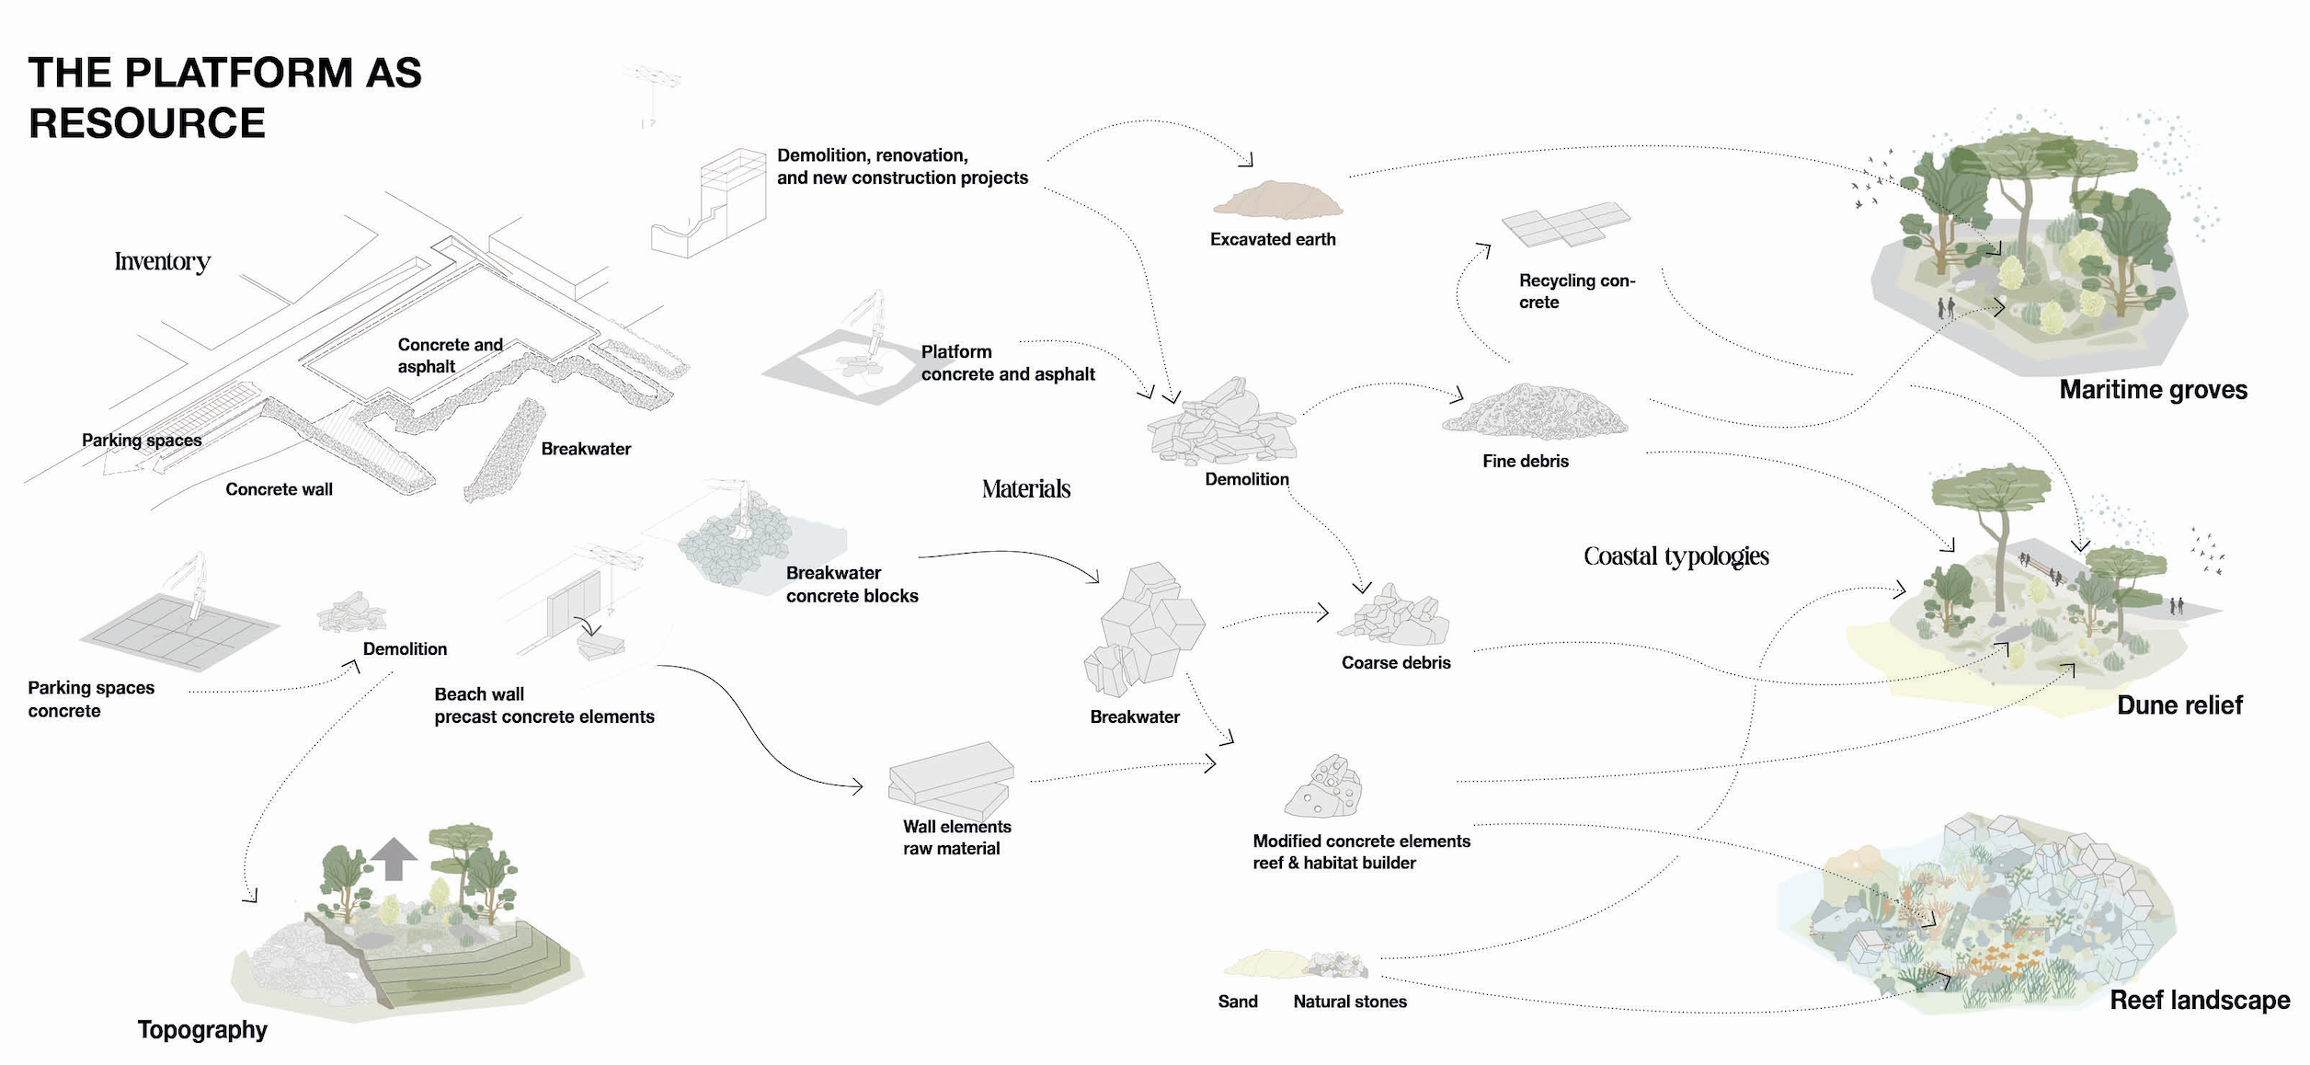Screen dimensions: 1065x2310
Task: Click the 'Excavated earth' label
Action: (x=1272, y=239)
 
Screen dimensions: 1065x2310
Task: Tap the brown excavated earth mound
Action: (x=1277, y=200)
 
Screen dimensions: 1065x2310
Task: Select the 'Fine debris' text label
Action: (x=1525, y=461)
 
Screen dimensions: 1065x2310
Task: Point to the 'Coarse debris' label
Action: (x=1395, y=662)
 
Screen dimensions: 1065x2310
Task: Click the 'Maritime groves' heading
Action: (x=2153, y=390)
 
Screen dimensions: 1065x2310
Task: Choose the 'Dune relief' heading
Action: (x=2179, y=705)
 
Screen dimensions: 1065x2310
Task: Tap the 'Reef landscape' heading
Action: (x=2199, y=1000)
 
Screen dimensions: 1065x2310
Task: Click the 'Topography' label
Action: (x=202, y=1029)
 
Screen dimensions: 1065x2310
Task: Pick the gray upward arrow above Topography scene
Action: (x=394, y=858)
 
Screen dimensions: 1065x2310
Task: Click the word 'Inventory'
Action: (x=163, y=261)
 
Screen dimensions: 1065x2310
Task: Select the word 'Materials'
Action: (x=1025, y=488)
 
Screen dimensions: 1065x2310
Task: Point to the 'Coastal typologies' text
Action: (x=1675, y=555)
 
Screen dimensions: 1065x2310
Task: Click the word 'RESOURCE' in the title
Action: (x=147, y=123)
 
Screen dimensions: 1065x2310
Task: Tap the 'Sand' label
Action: (x=1237, y=1002)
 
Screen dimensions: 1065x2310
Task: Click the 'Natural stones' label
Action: (x=1349, y=1002)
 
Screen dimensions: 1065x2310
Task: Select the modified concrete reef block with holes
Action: (x=1324, y=787)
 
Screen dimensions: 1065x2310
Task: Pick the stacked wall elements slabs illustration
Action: (x=950, y=781)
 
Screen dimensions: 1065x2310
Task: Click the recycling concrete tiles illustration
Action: (x=1565, y=223)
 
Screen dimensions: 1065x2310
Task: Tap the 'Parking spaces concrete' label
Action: (x=91, y=699)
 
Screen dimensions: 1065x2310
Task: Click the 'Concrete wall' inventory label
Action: (x=279, y=489)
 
